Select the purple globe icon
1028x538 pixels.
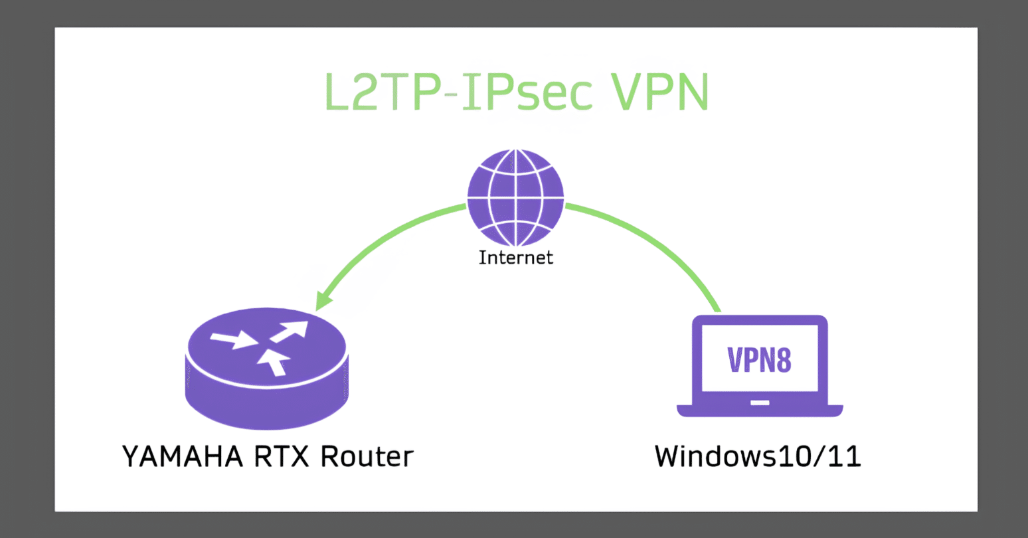(x=515, y=197)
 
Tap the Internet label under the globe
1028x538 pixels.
(x=515, y=258)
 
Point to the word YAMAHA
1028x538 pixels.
(x=174, y=457)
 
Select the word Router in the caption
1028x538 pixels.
(x=367, y=457)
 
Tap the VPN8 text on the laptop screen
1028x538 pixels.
(x=760, y=360)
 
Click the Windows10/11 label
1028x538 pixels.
(x=758, y=457)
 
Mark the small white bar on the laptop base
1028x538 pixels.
(x=760, y=403)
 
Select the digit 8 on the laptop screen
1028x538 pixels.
(x=784, y=360)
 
